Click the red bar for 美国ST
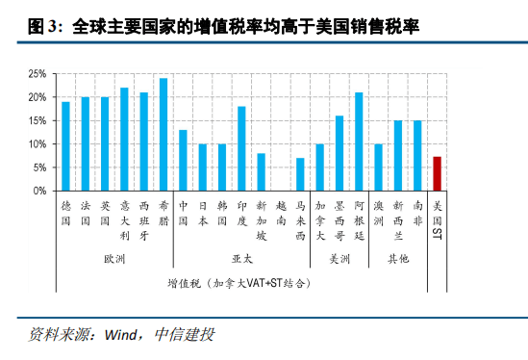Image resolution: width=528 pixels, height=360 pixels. pyautogui.click(x=437, y=173)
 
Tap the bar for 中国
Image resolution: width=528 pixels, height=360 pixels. pyautogui.click(x=183, y=160)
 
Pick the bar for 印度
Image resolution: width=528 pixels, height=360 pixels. pyautogui.click(x=241, y=148)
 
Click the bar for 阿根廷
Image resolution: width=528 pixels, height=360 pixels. pyautogui.click(x=359, y=141)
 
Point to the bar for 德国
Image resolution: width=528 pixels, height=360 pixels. pyautogui.click(x=66, y=146)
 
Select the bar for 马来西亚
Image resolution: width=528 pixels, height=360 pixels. pyautogui.click(x=300, y=174)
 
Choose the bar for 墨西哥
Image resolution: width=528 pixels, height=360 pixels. pyautogui.click(x=339, y=153)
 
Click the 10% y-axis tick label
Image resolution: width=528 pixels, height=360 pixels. pyautogui.click(x=36, y=144)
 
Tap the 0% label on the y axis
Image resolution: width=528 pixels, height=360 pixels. pyautogui.click(x=38, y=191)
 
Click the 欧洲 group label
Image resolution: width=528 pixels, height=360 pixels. pyautogui.click(x=114, y=259)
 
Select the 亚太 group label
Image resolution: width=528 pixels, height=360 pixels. pyautogui.click(x=241, y=259)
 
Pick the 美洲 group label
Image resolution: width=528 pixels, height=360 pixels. pyautogui.click(x=339, y=259)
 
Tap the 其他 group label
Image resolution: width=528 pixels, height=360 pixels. pyautogui.click(x=397, y=259)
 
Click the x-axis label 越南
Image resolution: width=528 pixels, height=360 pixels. pyautogui.click(x=281, y=213)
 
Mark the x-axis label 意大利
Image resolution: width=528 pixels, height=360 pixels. pyautogui.click(x=124, y=219)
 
